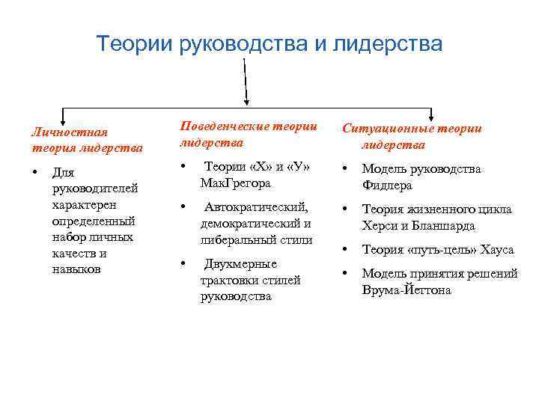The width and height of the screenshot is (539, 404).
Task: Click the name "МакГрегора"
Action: tap(236, 183)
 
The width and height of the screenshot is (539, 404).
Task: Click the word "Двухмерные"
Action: tap(240, 264)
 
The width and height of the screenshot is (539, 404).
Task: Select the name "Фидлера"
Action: tap(387, 186)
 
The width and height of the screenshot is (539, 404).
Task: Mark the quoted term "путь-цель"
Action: tap(439, 250)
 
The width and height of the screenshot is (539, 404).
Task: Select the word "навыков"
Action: tap(76, 269)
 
